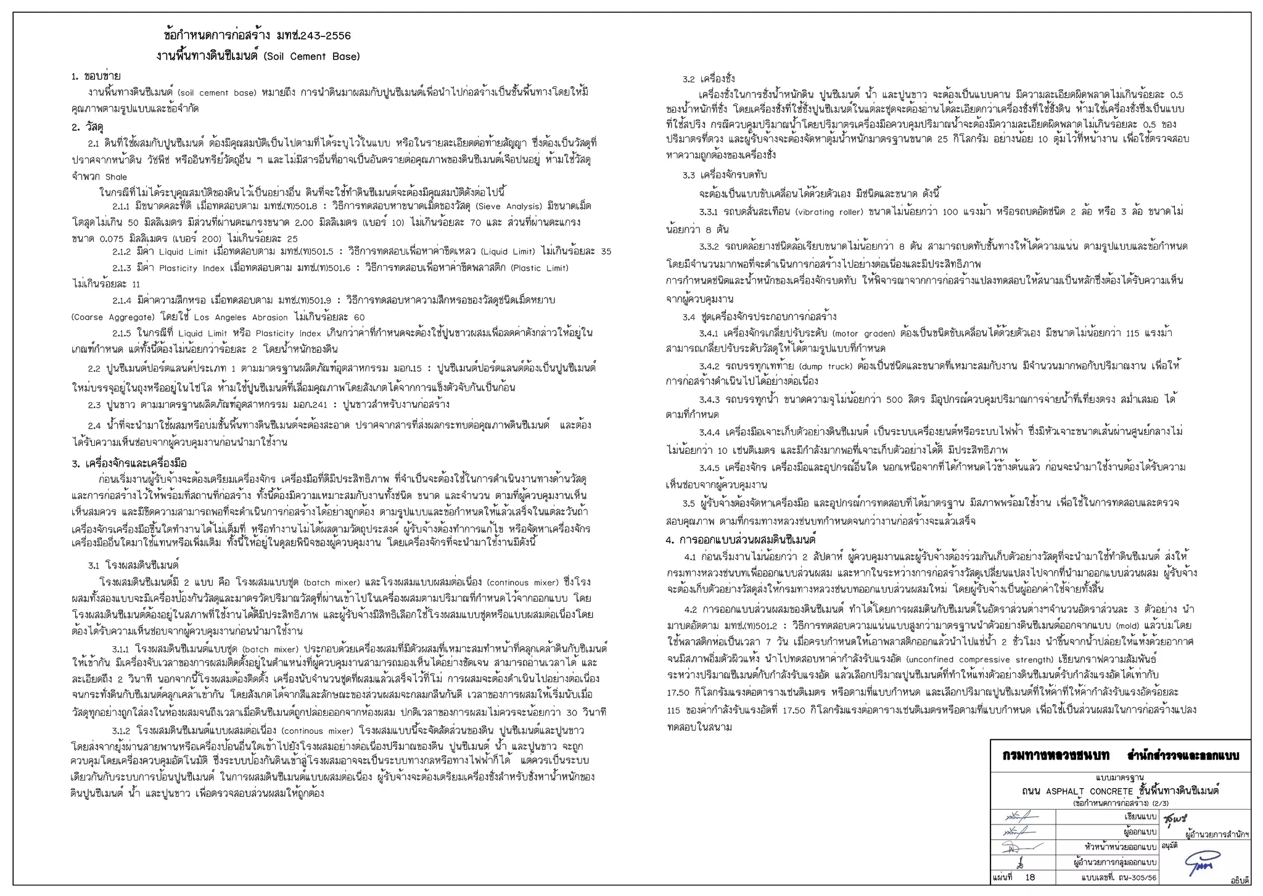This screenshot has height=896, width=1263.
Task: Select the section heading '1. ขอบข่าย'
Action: (x=96, y=76)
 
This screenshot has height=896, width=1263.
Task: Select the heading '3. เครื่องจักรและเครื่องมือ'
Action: (x=129, y=463)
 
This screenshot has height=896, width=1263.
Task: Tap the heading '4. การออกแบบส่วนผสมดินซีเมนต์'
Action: (x=741, y=540)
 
